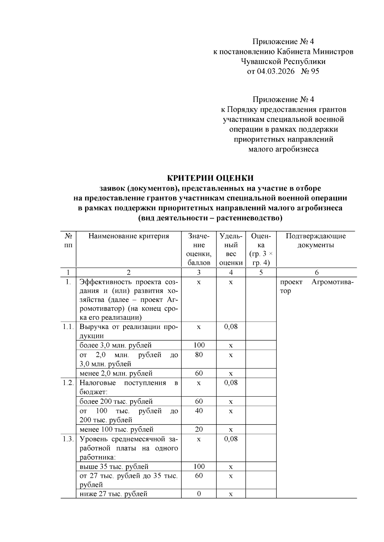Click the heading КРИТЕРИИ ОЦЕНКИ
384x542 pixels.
click(x=211, y=178)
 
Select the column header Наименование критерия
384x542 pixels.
click(x=129, y=236)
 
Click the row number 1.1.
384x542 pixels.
click(x=68, y=327)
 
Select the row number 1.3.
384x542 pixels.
click(x=68, y=439)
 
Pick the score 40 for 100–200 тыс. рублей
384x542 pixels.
click(x=199, y=411)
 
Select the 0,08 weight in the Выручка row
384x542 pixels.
click(x=231, y=327)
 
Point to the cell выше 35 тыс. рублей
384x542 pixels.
click(x=114, y=467)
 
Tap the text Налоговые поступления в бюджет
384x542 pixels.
click(x=128, y=387)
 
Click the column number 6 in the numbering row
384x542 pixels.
click(x=316, y=272)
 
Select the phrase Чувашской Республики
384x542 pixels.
click(x=283, y=61)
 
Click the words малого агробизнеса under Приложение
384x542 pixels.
click(x=283, y=149)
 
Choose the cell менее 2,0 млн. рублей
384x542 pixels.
click(x=116, y=373)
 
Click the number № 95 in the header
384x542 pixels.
click(x=310, y=71)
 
